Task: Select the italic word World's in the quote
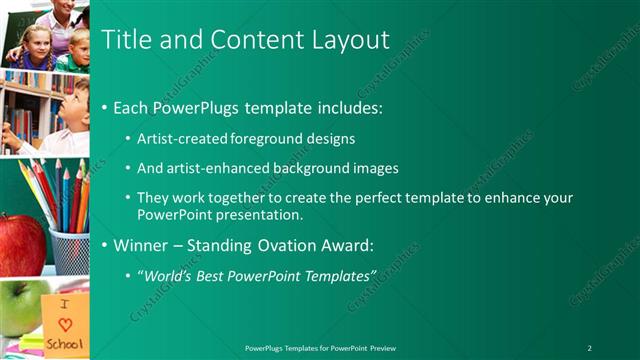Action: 172,274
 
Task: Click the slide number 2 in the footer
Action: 590,347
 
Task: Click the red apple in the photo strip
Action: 20,244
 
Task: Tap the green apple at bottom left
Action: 20,306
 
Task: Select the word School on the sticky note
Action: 66,341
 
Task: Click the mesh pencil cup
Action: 69,251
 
